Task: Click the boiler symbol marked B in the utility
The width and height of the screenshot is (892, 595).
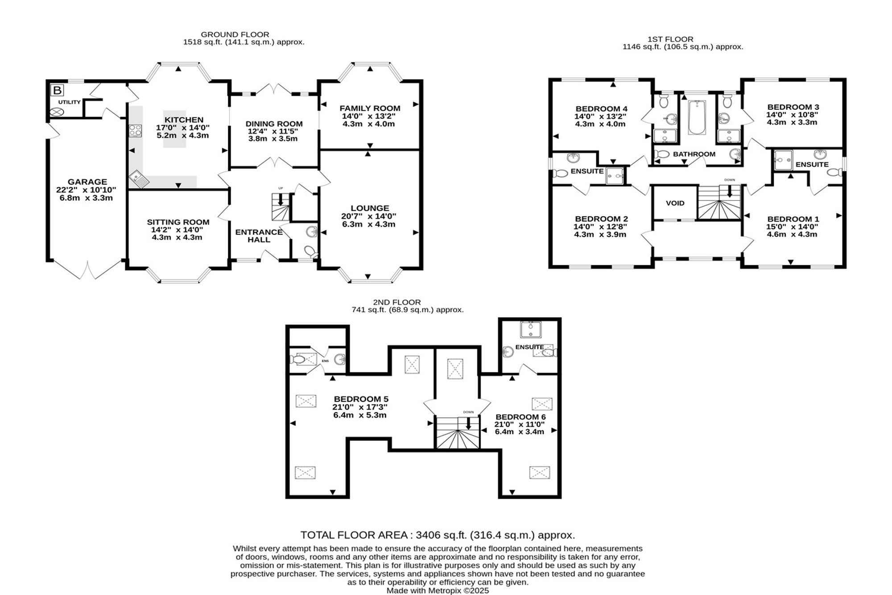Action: (58, 91)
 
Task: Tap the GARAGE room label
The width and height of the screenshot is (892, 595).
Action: (87, 182)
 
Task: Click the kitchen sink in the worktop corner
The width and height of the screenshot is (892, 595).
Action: (140, 180)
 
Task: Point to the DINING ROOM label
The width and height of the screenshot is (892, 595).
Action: (274, 124)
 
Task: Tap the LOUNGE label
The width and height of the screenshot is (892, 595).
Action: (370, 208)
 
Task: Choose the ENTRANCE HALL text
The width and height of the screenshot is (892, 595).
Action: (259, 236)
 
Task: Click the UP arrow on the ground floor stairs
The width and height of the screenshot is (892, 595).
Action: (281, 199)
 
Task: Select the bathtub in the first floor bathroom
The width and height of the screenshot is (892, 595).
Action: (696, 117)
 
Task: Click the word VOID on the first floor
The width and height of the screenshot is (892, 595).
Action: (675, 203)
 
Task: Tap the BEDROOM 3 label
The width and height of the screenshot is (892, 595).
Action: (793, 107)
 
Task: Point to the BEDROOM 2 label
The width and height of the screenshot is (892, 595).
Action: (601, 219)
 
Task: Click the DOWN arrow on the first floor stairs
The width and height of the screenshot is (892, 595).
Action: (730, 191)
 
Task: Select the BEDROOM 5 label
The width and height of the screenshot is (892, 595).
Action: (361, 399)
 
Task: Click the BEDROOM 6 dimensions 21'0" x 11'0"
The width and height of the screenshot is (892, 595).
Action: (520, 424)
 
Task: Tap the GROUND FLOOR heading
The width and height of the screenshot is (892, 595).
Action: (235, 34)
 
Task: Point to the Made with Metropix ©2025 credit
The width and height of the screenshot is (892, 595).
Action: (438, 591)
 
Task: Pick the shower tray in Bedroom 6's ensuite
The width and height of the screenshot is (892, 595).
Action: (531, 329)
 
